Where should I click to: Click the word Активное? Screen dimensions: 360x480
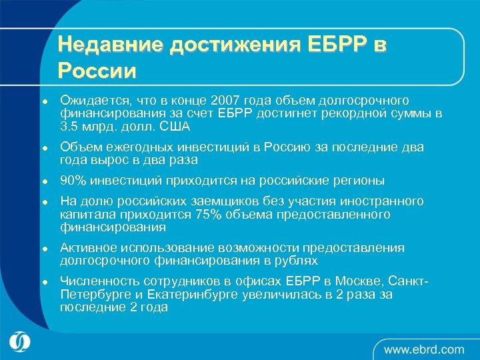88,248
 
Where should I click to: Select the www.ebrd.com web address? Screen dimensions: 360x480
423,349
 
